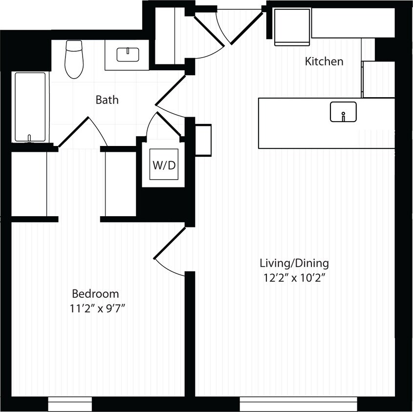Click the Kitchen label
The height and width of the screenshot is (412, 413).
(x=324, y=62)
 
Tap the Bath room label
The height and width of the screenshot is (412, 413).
(x=107, y=100)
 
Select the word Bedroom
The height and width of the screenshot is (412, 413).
(x=95, y=294)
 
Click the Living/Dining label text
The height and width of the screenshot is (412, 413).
(x=294, y=264)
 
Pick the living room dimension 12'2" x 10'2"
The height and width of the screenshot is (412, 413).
(x=294, y=278)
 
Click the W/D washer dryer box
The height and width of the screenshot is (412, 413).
(x=164, y=165)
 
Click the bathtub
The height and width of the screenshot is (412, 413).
(x=30, y=107)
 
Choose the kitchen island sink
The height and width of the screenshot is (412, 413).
(x=343, y=112)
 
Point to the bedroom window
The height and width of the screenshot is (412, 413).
(x=70, y=404)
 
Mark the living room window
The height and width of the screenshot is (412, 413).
(x=298, y=404)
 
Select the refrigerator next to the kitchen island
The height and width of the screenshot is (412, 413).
(x=378, y=79)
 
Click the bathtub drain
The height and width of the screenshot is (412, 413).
(x=30, y=138)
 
